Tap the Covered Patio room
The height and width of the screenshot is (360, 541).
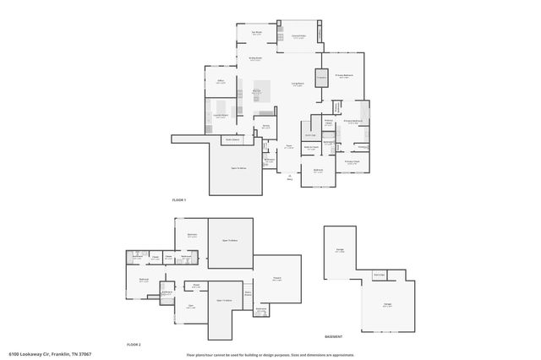(298, 36)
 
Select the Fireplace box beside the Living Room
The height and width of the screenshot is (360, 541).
(321, 79)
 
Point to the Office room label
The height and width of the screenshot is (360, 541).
(220, 81)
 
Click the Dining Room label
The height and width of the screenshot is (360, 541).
(254, 59)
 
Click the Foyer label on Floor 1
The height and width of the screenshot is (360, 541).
(288, 147)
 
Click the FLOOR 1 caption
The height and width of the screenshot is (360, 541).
(178, 199)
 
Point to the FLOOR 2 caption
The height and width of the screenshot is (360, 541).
(134, 345)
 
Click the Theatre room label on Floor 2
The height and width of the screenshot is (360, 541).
(276, 279)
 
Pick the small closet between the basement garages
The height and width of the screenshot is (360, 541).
(380, 275)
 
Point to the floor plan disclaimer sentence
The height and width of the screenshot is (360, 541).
(270, 354)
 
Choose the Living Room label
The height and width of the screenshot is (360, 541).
(298, 85)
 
